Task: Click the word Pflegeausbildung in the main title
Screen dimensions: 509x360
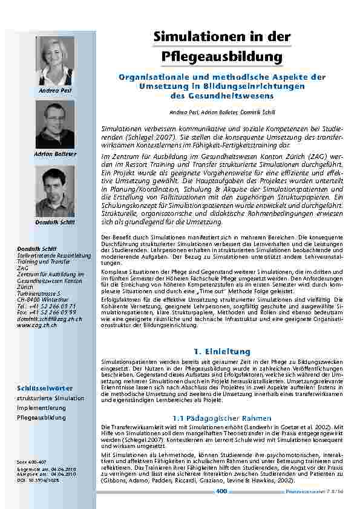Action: click(222, 57)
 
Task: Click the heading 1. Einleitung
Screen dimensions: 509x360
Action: click(221, 351)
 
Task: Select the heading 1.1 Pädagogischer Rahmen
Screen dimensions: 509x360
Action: click(221, 418)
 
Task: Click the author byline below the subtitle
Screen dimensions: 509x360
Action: click(221, 113)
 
